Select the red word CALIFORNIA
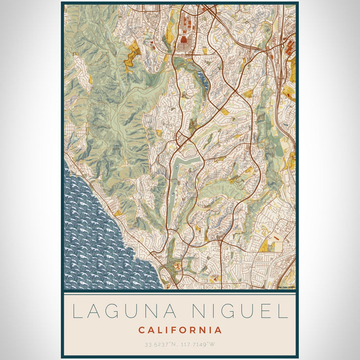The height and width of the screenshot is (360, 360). [180, 330]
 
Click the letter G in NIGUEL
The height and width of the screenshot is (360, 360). [226, 312]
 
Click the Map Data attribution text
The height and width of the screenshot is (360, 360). [286, 287]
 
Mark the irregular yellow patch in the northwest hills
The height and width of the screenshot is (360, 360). [133, 57]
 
